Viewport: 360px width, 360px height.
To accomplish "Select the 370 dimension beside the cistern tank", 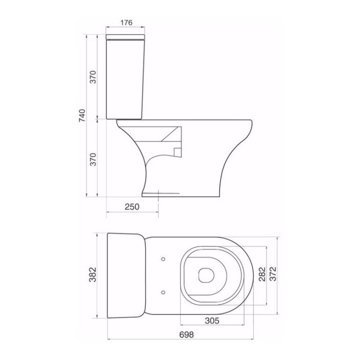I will (93, 77).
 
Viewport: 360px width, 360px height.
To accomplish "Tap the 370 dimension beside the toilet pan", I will (93, 159).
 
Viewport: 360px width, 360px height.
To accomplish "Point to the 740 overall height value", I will (82, 115).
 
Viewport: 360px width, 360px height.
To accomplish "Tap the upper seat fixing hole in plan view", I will (163, 258).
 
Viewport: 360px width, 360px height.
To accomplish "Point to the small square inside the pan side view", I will (177, 151).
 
